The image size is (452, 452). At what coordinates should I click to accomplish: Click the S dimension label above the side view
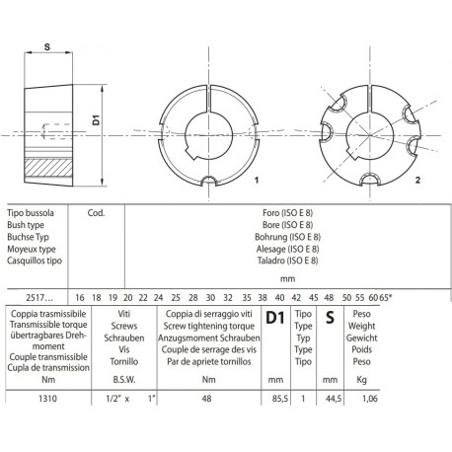48,44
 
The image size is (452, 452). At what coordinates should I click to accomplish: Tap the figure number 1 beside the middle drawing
256,182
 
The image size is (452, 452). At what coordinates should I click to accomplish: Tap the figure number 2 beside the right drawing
418,182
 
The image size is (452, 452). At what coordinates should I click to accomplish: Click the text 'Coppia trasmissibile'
45,312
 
